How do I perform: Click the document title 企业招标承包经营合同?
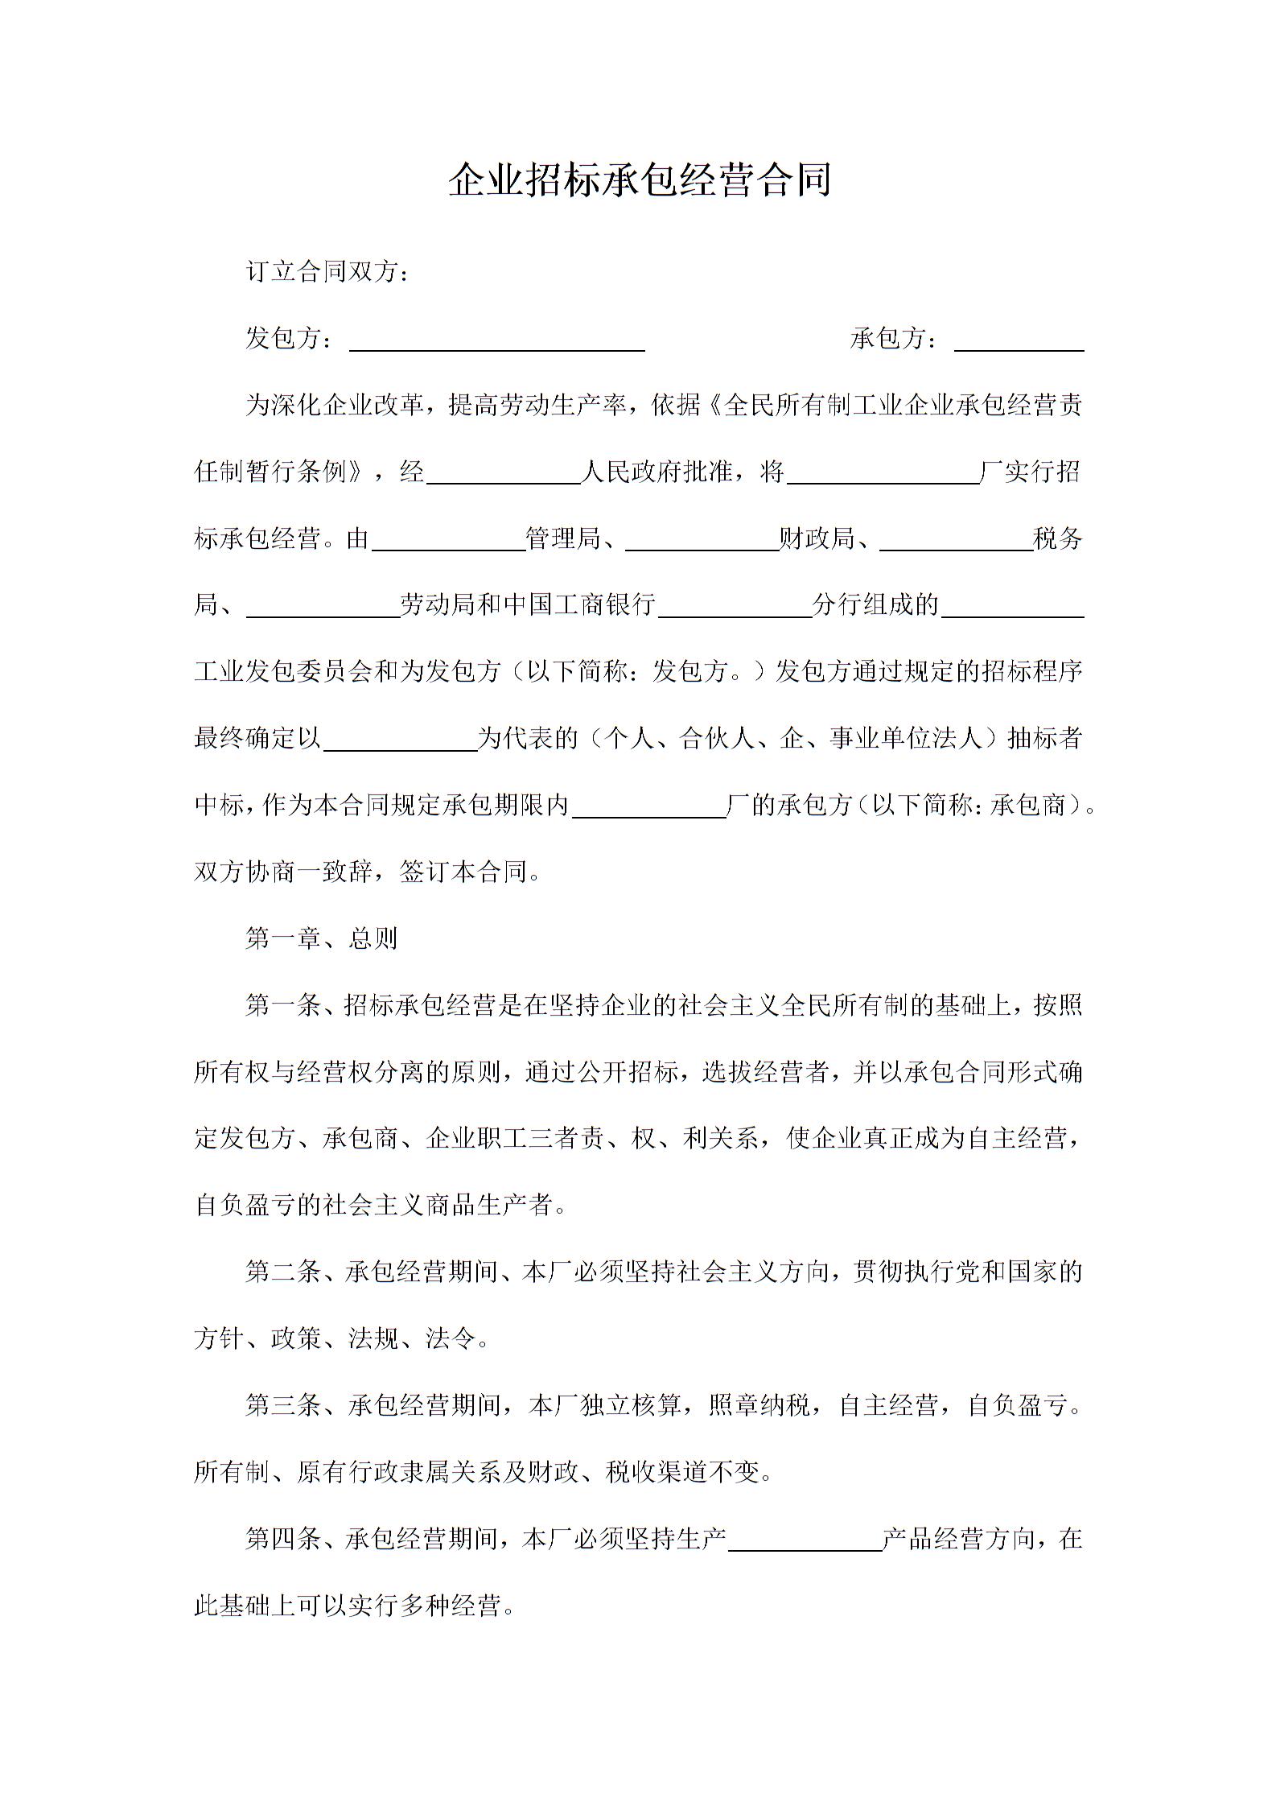pyautogui.click(x=639, y=180)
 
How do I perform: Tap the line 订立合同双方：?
pyautogui.click(x=327, y=272)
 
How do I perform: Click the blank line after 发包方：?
pyautogui.click(x=496, y=342)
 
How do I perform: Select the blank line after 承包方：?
pyautogui.click(x=1019, y=342)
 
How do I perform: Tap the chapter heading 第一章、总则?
pyautogui.click(x=322, y=938)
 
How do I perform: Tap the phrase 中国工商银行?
pyautogui.click(x=578, y=604)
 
